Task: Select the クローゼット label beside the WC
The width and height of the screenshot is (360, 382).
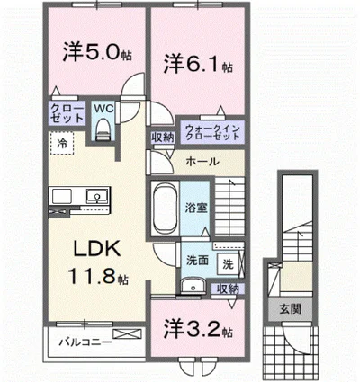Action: [67, 113]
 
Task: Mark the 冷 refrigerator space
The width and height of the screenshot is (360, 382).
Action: [62, 142]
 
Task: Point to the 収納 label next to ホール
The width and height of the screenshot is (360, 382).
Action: [162, 138]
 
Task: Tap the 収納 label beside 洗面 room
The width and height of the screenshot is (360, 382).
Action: [228, 289]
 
